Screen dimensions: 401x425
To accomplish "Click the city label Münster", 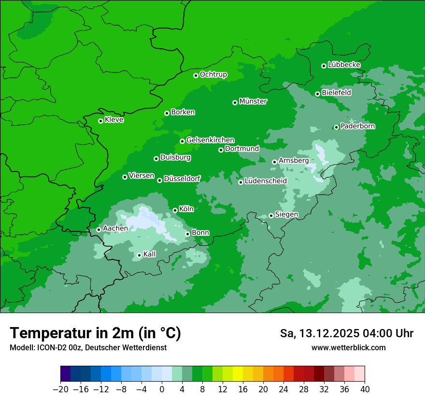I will coord(253,101).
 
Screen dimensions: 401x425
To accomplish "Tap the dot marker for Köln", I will coord(175,210).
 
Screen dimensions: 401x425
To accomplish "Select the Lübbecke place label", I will coord(344,65).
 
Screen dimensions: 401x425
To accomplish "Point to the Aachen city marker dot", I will coord(99,229).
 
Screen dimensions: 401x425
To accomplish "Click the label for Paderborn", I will coord(357,126).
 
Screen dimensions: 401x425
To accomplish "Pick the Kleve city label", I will coord(114,120).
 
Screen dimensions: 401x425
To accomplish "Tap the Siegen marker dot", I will coord(271,215).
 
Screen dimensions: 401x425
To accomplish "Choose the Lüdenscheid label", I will coord(266,181).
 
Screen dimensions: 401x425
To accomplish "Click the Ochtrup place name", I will coord(213,74).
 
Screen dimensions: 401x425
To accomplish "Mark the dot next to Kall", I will coord(139,255).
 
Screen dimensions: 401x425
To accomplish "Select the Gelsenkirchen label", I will coord(210,140).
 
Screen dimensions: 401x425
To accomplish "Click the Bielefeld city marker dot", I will coord(317,94).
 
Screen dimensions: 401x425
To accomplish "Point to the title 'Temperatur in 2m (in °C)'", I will coord(95,333).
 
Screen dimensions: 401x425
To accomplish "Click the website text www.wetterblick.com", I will coord(348,347).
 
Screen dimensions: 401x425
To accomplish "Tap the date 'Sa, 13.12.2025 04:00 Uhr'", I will coord(346,333).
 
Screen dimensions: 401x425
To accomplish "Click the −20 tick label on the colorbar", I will coord(60,389).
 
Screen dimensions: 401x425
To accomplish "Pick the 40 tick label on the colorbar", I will coord(365,389).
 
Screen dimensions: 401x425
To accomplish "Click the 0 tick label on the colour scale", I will coord(162,389).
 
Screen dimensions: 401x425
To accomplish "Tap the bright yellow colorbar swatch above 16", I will coord(238,374).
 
